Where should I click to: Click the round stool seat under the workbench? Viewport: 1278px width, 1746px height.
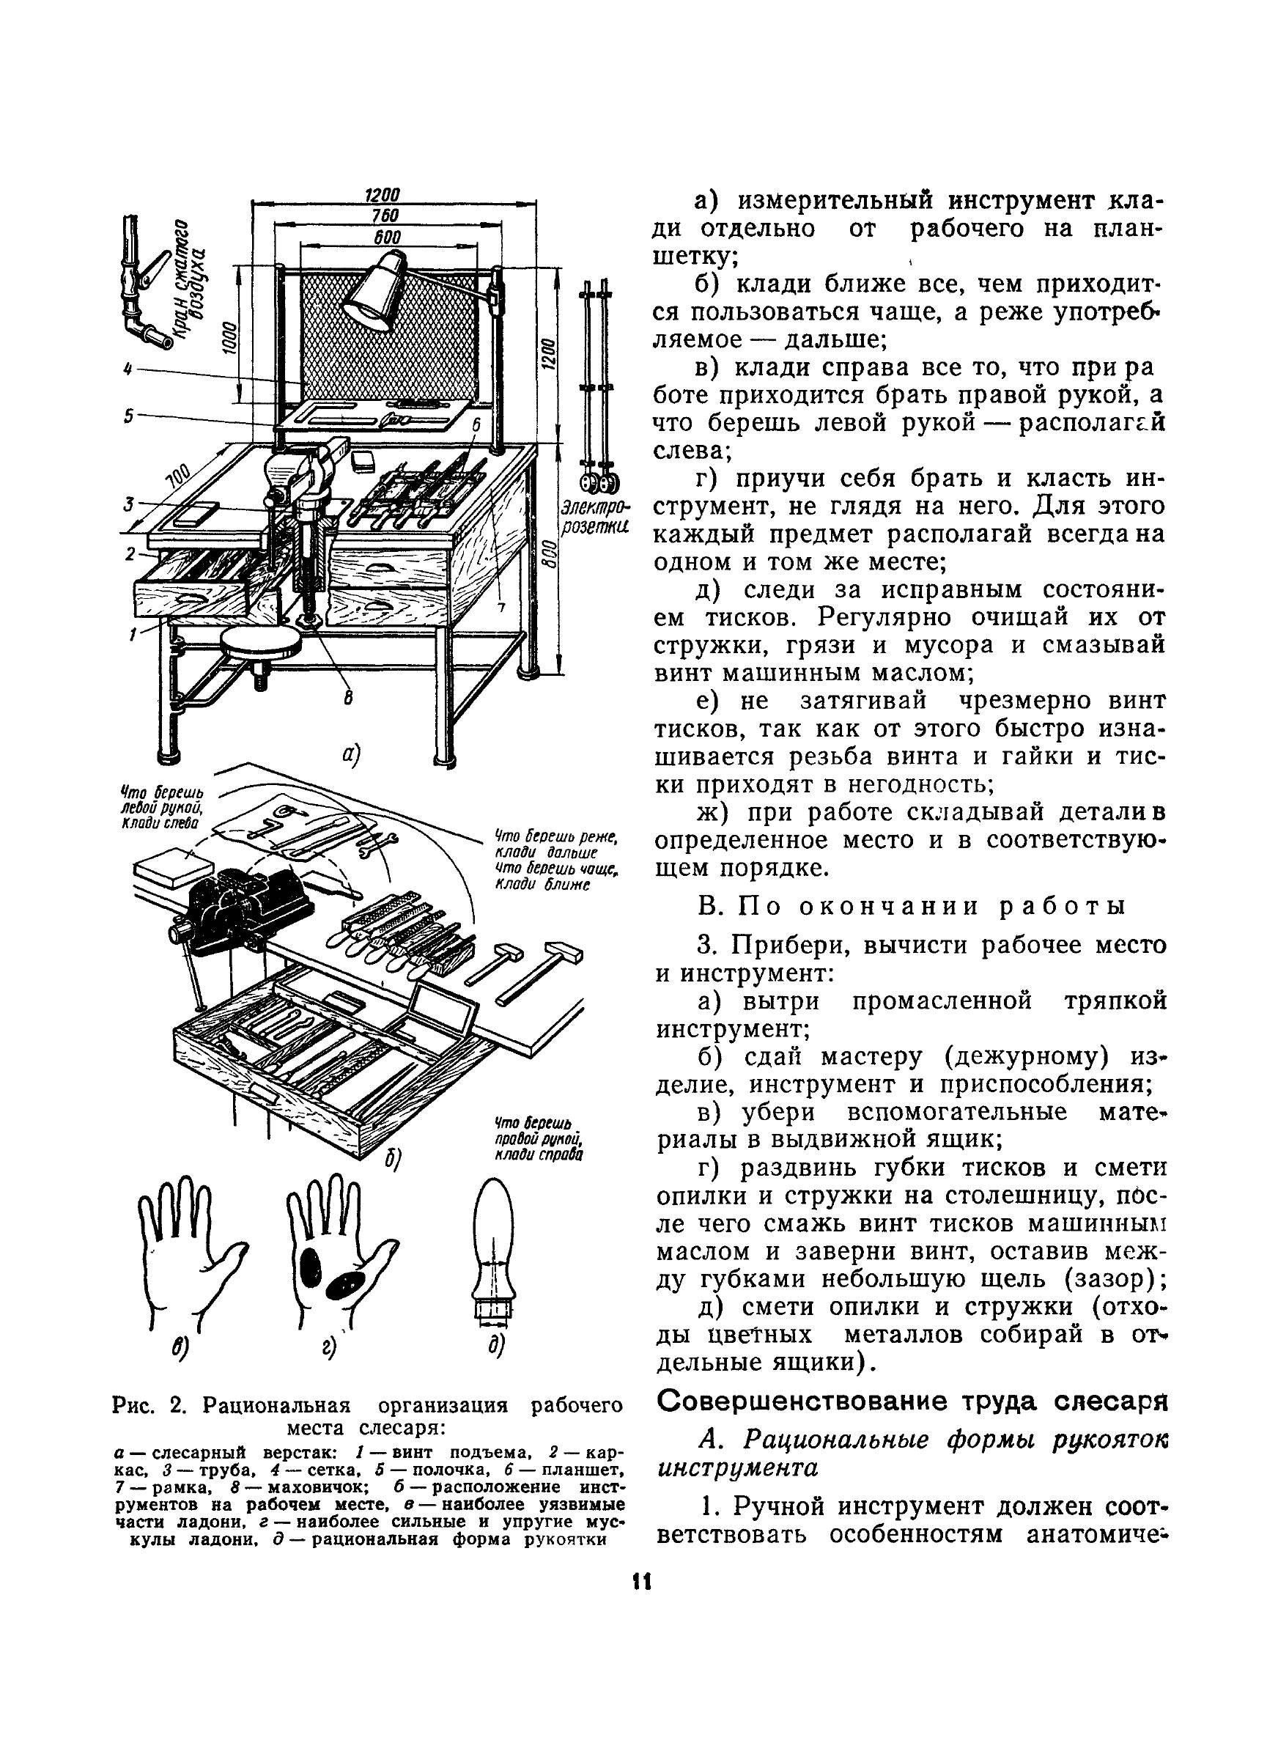(x=260, y=642)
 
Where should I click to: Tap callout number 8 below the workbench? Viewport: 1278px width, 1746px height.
(x=348, y=699)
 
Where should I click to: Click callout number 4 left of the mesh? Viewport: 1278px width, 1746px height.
(x=127, y=369)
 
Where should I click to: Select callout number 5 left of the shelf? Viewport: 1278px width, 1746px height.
(x=128, y=416)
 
